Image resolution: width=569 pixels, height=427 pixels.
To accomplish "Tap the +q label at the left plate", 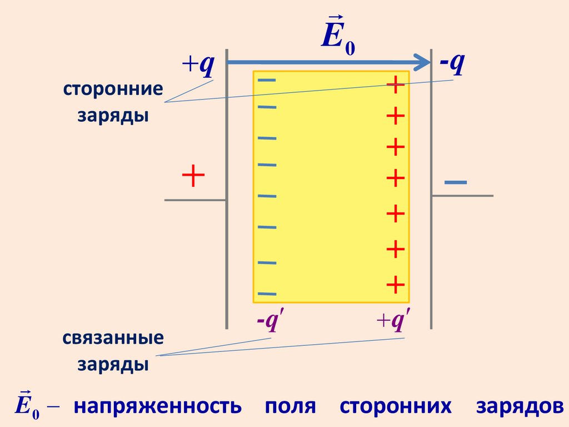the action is coord(198,66).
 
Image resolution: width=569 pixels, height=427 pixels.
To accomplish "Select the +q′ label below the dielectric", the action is coord(393,322).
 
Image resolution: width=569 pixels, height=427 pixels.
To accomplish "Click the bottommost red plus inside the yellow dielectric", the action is coord(395,285).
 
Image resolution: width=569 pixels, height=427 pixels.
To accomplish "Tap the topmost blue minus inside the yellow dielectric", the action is coord(266,81).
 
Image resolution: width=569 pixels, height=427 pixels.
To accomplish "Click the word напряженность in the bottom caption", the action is coord(158,406).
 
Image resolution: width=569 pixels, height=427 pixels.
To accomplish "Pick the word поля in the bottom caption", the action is coord(290,406).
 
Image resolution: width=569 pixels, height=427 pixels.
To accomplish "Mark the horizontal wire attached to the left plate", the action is coord(194,199).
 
